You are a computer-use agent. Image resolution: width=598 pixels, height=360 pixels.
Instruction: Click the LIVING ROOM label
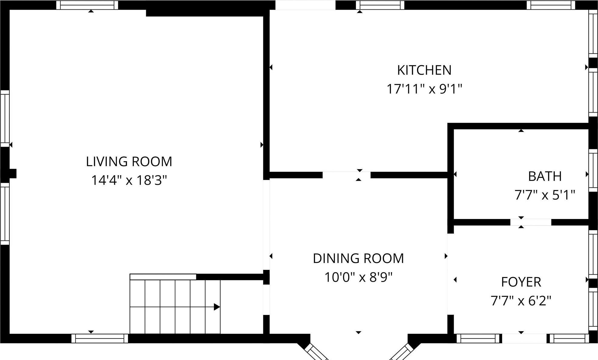pos(129,162)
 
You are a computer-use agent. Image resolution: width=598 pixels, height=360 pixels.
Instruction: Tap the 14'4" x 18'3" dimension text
pos(129,181)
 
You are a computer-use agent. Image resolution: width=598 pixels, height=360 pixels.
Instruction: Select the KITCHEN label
pos(424,70)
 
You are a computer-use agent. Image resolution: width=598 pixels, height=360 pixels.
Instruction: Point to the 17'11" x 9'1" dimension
pos(424,89)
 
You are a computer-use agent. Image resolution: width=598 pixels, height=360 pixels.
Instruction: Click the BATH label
pos(544,176)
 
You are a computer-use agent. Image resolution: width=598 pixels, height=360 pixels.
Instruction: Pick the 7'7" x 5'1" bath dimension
pos(544,195)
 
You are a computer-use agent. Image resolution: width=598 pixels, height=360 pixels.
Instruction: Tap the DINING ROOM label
pos(358,258)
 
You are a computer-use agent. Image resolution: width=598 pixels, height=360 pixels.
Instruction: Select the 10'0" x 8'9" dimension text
pos(358,277)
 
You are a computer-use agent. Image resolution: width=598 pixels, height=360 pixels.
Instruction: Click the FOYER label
pos(521,282)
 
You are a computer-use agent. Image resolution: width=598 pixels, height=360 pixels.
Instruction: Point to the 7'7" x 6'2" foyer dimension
pos(521,301)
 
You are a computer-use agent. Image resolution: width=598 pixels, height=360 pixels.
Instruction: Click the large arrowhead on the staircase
pos(217,307)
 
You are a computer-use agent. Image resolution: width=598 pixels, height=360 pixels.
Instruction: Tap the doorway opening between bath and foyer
pos(531,222)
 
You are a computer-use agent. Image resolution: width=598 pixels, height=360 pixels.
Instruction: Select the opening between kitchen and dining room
pos(346,175)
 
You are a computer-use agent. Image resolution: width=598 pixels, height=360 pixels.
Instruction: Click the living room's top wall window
pos(87,5)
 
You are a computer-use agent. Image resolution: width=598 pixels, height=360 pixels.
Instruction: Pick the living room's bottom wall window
pos(100,338)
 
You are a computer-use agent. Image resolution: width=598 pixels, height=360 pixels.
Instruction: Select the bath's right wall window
pos(593,170)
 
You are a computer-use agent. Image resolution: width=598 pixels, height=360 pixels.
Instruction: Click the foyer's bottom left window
pos(478,338)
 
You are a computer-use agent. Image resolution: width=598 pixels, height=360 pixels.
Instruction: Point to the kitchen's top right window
pos(550,5)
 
